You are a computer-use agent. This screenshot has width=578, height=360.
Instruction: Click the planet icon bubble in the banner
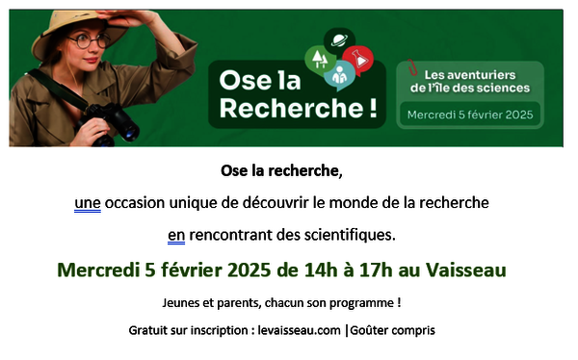(340, 40)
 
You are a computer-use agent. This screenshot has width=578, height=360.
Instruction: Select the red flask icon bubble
(361, 60)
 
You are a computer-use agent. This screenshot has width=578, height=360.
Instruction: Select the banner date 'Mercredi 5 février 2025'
(470, 114)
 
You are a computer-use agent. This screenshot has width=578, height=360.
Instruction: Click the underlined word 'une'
(88, 203)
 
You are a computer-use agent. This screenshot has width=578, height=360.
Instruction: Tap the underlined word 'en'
(175, 234)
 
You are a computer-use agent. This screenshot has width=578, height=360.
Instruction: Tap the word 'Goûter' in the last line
(371, 330)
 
